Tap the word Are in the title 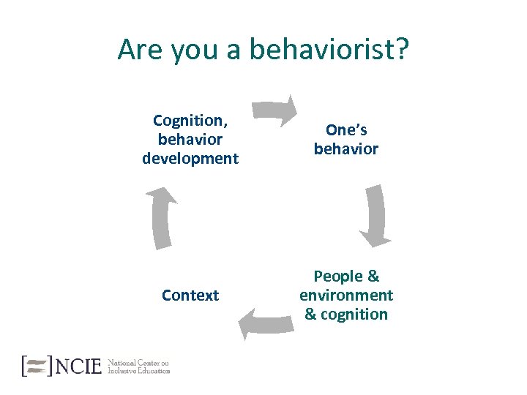141,50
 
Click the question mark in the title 402,50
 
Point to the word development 190,158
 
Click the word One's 346,130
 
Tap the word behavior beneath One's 346,149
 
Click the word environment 346,296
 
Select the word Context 190,296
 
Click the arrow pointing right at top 276,111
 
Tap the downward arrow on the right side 375,215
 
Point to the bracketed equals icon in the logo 37,365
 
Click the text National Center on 138,361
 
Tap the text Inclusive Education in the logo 138,370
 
